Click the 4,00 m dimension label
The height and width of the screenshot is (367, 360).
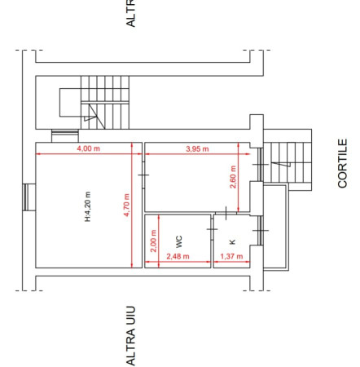point(89,148)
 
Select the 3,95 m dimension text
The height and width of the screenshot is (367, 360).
point(197,148)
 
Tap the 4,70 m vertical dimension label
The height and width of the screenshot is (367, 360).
point(126,205)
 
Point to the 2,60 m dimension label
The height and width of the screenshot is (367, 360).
point(233,177)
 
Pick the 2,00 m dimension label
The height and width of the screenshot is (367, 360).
point(153,241)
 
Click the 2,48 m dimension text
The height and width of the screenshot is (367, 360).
point(178,256)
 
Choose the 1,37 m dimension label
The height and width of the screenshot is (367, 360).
point(231,256)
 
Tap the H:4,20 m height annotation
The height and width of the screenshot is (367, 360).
point(88,206)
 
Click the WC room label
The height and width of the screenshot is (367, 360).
point(178,241)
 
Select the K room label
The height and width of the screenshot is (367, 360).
point(232,241)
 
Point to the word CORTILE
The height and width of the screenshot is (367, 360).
point(343,163)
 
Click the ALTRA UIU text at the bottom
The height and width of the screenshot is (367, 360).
point(131,336)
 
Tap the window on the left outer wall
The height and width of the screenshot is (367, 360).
point(25,197)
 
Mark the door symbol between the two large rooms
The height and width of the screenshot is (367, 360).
point(143,175)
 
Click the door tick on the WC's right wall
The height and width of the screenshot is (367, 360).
point(212,229)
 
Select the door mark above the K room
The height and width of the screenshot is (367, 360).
point(226,213)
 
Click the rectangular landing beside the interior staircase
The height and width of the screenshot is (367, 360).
point(70,103)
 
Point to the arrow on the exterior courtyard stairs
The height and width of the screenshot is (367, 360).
point(281,164)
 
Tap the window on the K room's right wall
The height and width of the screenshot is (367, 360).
point(261,231)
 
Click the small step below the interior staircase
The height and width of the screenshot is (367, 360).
point(65,136)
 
